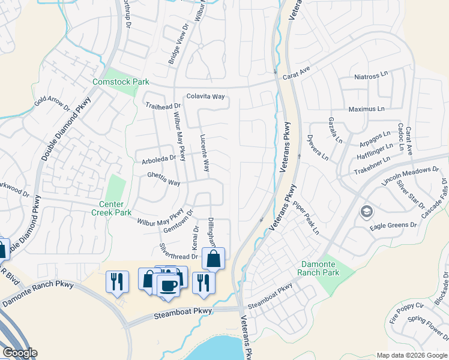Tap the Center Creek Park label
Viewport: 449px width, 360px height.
click(111, 208)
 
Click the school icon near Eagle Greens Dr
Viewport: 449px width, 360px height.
click(366, 212)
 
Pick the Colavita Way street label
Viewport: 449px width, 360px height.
click(205, 96)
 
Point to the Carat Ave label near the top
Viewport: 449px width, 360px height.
click(297, 71)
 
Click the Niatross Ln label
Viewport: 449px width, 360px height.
click(372, 77)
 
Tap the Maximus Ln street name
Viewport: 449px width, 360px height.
click(367, 109)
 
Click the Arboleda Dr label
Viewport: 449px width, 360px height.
click(158, 159)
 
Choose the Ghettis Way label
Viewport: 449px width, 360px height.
click(164, 182)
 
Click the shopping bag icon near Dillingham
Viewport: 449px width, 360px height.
click(213, 259)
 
